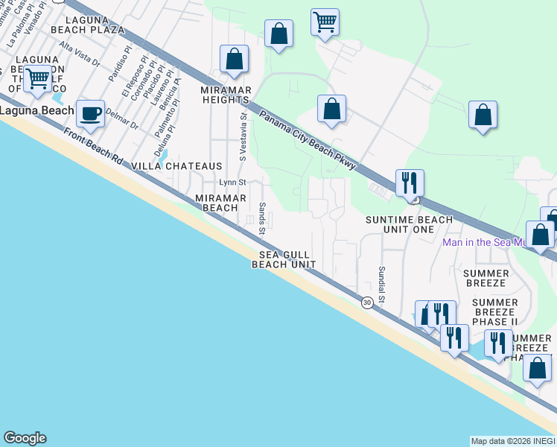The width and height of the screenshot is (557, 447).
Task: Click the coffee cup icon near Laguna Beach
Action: point(91,115)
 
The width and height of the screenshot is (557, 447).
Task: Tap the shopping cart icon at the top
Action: point(325,22)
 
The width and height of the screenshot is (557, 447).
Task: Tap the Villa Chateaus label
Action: point(176,165)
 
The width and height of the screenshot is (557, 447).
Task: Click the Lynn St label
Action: point(232,183)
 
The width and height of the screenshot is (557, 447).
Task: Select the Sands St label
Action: point(262,218)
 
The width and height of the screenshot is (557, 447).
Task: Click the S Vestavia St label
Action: point(242,136)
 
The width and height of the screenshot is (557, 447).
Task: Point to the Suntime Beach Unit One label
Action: point(409,224)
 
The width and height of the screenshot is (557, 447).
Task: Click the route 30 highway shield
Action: point(367,302)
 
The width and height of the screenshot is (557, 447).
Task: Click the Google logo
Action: point(25,438)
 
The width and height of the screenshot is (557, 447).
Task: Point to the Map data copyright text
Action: point(512,441)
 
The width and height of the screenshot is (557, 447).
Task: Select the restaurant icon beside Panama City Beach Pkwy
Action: point(410,183)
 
